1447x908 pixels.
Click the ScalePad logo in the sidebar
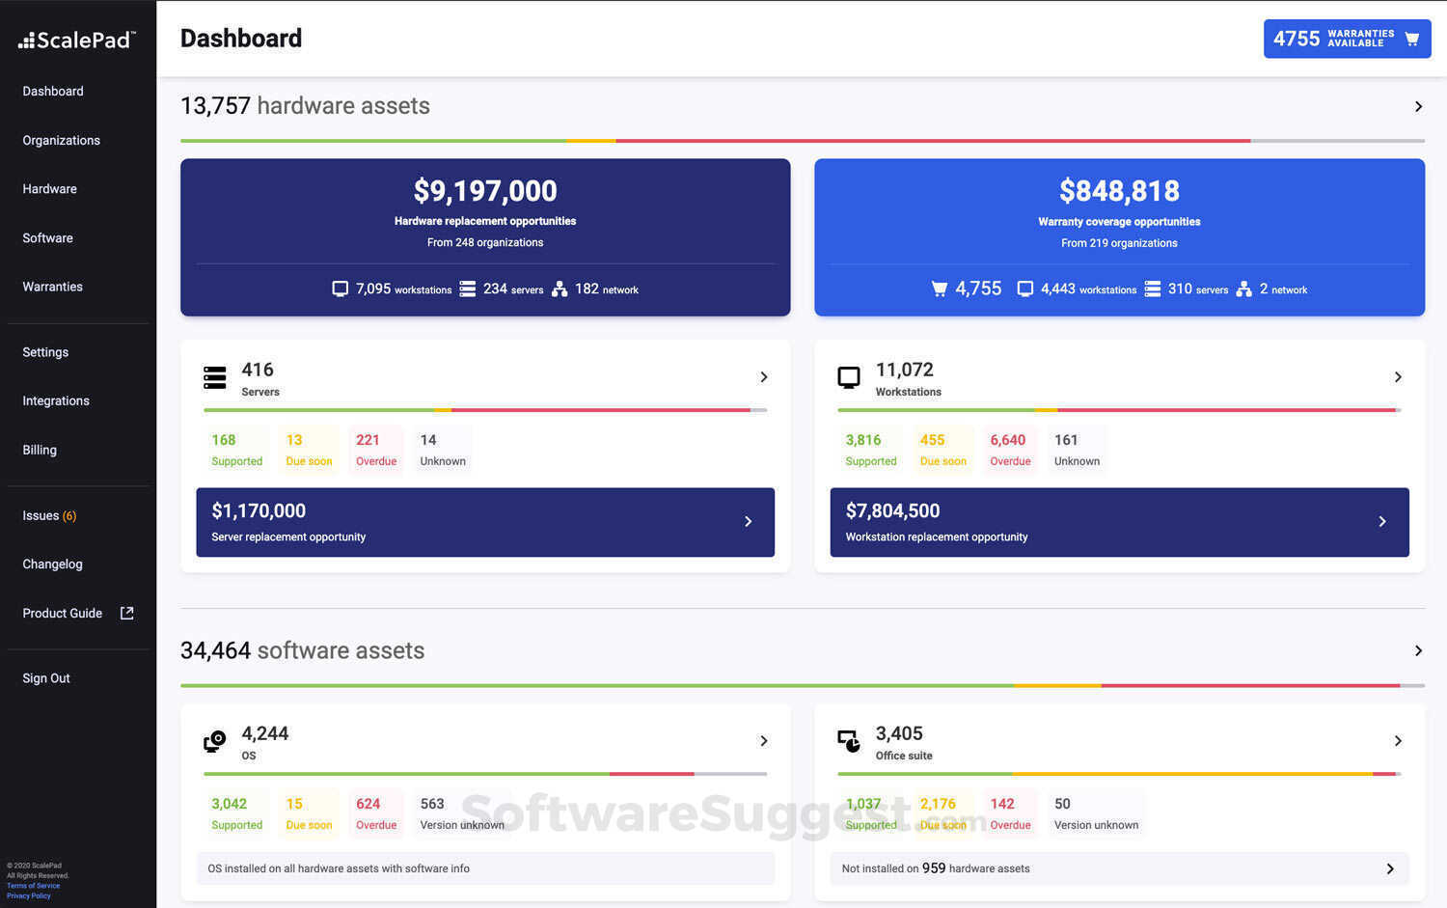click(77, 41)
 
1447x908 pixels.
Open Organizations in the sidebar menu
click(61, 140)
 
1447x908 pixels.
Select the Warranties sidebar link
click(52, 287)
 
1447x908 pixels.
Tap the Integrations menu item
click(56, 400)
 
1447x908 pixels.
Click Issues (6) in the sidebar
click(49, 515)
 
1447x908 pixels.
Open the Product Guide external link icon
click(126, 613)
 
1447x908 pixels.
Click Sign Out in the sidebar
click(46, 678)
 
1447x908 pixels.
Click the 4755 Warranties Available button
click(1346, 39)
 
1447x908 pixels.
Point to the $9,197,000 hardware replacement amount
click(485, 191)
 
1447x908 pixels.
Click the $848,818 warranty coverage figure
click(1119, 191)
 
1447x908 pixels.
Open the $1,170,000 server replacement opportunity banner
click(484, 522)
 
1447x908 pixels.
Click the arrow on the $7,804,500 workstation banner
click(1382, 522)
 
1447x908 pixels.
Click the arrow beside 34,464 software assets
click(1418, 650)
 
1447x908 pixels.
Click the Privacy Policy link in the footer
click(29, 895)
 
